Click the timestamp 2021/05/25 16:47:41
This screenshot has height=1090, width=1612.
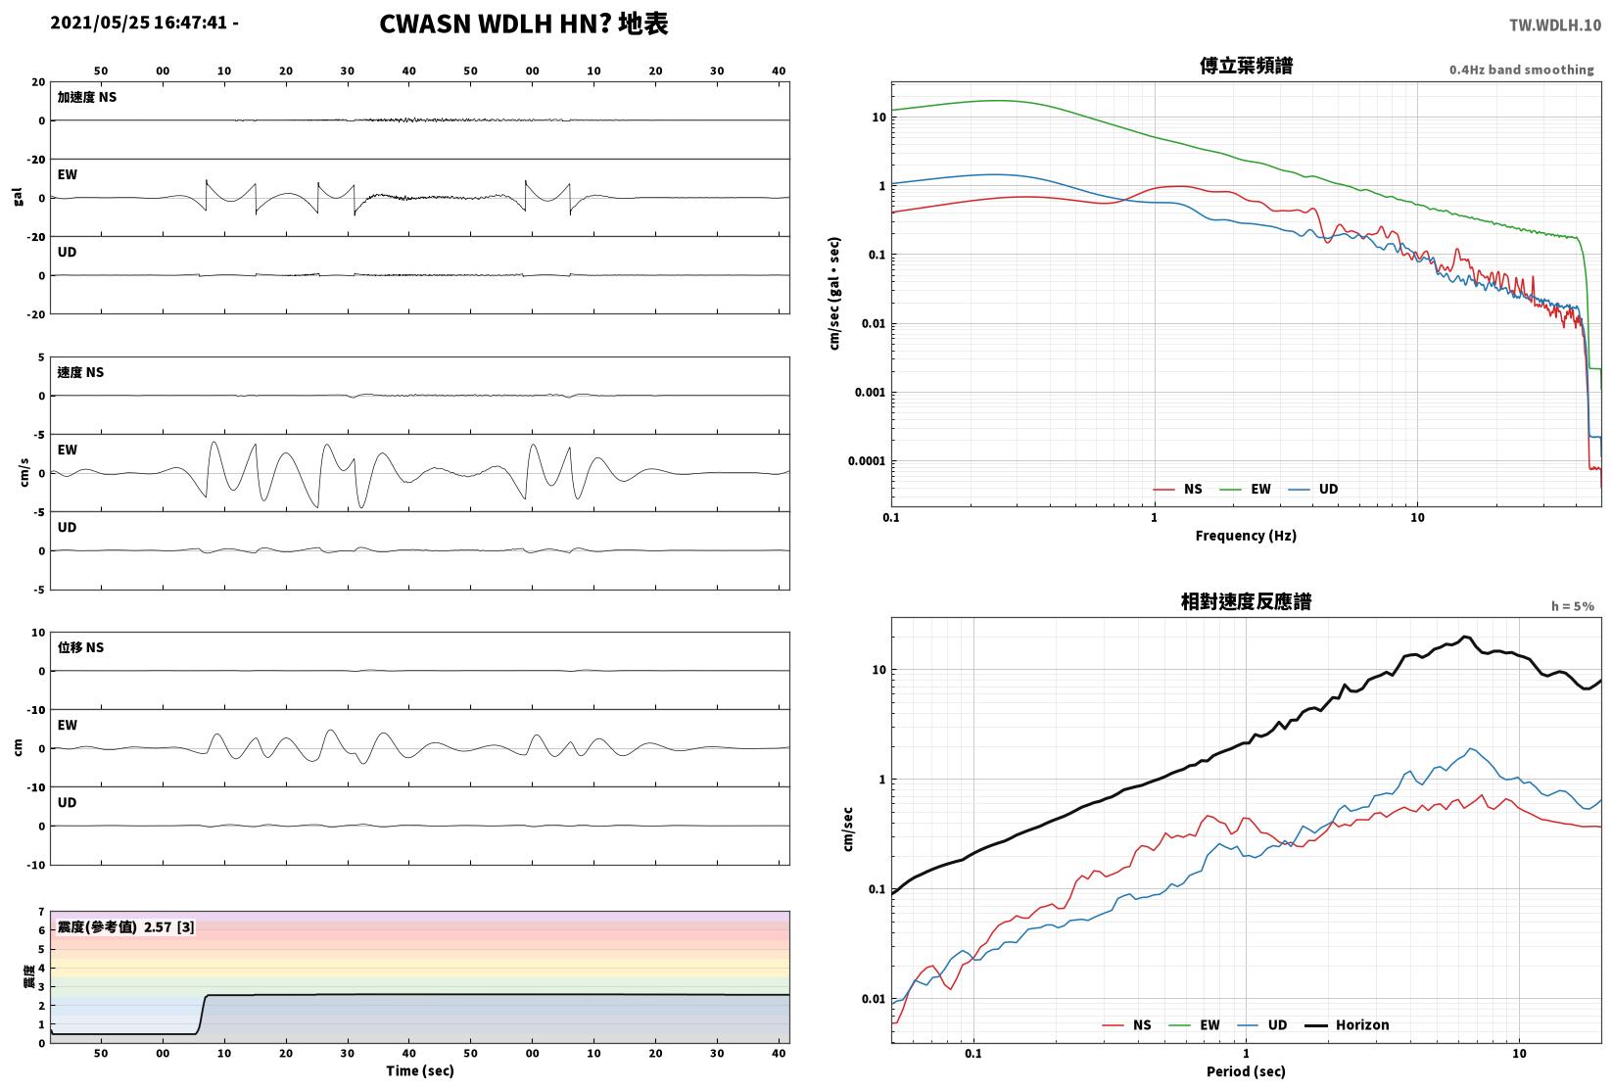pyautogui.click(x=139, y=23)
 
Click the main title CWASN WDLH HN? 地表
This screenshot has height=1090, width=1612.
pyautogui.click(x=523, y=24)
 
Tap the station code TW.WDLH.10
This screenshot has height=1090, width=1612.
pyautogui.click(x=1555, y=25)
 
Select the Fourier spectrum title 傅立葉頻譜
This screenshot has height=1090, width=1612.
pyautogui.click(x=1246, y=66)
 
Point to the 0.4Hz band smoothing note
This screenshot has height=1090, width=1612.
pyautogui.click(x=1521, y=70)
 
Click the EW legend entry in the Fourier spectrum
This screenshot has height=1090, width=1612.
pyautogui.click(x=1246, y=490)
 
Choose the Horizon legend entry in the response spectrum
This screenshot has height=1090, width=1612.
pyautogui.click(x=1348, y=1025)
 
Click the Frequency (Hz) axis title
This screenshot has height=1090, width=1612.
pyautogui.click(x=1246, y=536)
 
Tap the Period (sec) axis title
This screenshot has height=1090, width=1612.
pyautogui.click(x=1246, y=1071)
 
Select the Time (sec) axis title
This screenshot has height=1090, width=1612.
pyautogui.click(x=420, y=1070)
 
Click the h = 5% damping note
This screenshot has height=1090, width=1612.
pyautogui.click(x=1573, y=606)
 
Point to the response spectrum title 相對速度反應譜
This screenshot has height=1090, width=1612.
pyautogui.click(x=1246, y=601)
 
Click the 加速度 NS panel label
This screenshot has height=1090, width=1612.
pyautogui.click(x=87, y=97)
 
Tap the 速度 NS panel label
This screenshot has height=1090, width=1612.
pyautogui.click(x=80, y=373)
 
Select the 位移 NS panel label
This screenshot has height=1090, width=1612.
pyautogui.click(x=80, y=647)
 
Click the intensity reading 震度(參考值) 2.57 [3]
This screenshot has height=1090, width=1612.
pyautogui.click(x=126, y=927)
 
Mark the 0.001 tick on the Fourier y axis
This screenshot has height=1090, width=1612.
pyautogui.click(x=870, y=393)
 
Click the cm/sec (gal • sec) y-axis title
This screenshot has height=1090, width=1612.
pyautogui.click(x=834, y=294)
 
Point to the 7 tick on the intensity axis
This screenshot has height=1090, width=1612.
pyautogui.click(x=42, y=913)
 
